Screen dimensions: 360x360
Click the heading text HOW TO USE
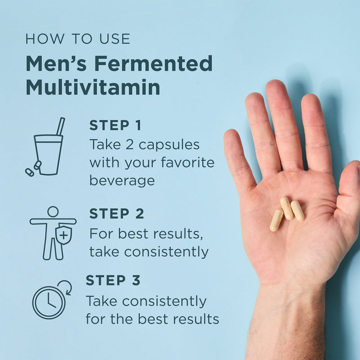(78, 39)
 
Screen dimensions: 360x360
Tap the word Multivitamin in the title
(93, 87)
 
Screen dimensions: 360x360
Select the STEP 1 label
(115, 126)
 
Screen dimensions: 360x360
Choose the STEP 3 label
(113, 280)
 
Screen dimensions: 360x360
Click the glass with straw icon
(47, 151)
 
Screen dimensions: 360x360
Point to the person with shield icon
(53, 233)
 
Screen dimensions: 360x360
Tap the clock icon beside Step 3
(49, 301)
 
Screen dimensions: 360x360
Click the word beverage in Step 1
(122, 180)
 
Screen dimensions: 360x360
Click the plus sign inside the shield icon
(64, 235)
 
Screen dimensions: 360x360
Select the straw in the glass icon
(60, 126)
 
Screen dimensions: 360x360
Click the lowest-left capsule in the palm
(276, 220)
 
